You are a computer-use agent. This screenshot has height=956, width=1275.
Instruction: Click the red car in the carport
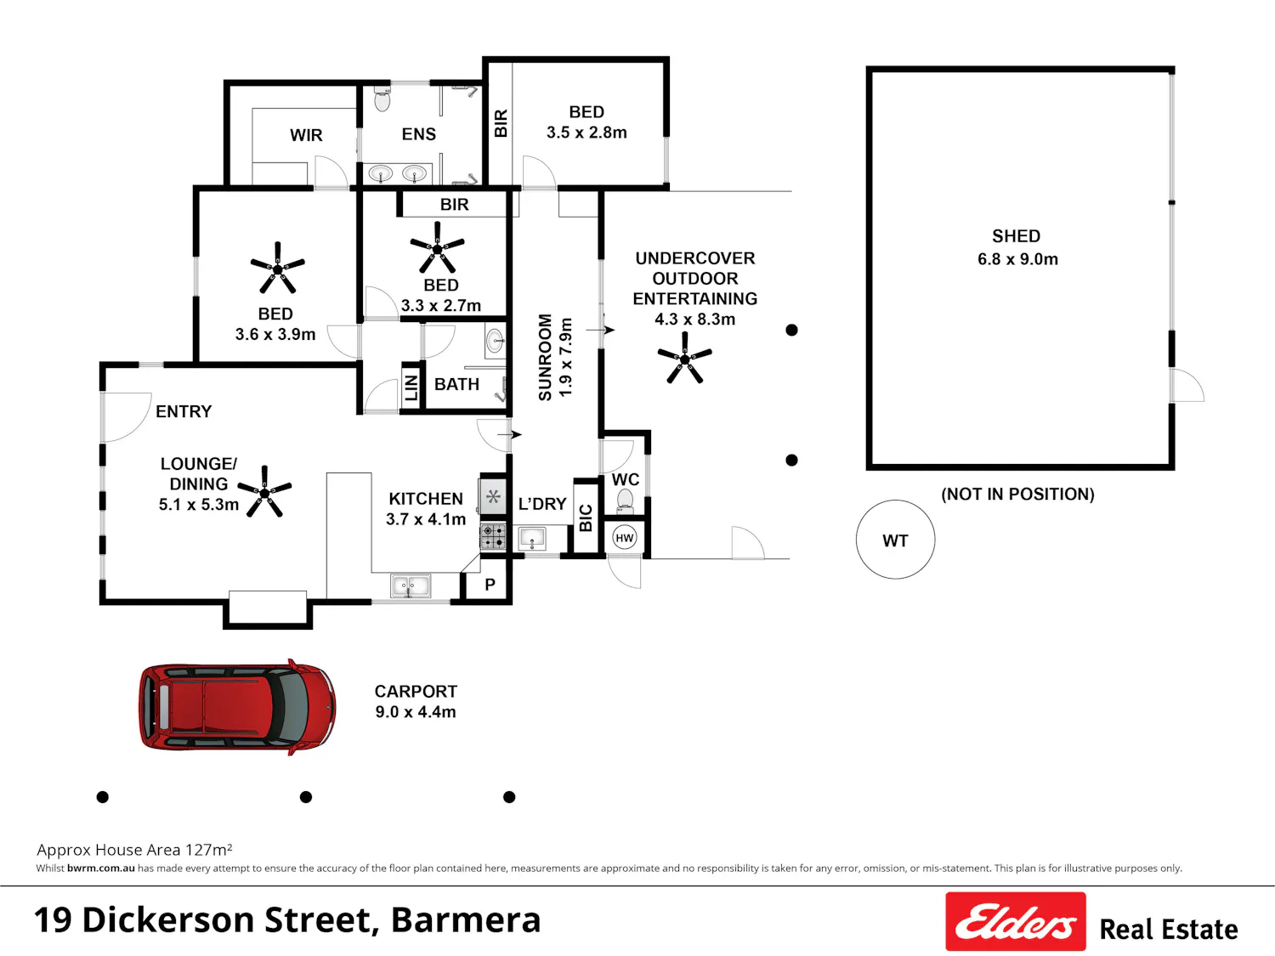point(237,707)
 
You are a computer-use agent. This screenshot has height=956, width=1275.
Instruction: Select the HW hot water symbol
point(625,538)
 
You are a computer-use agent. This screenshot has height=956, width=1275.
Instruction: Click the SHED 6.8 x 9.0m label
point(1017,247)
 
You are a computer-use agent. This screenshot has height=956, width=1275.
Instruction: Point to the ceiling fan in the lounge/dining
point(264,491)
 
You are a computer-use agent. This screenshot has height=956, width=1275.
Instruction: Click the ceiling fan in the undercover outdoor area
point(685,358)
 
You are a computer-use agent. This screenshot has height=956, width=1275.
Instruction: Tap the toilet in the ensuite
point(382,99)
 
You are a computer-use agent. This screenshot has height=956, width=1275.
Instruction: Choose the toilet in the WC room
point(625,501)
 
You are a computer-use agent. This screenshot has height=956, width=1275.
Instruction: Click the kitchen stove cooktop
point(492,535)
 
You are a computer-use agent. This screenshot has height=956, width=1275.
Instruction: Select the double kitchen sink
point(410,585)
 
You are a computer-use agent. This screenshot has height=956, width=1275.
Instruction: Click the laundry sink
point(532,538)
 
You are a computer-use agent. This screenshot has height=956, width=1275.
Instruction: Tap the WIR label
point(306,135)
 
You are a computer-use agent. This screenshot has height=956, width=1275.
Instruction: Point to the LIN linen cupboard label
point(411,387)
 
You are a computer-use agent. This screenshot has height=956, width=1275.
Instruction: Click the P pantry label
point(490,585)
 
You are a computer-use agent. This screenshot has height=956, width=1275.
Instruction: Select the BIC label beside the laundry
point(586,518)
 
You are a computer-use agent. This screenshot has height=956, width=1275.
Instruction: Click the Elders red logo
point(1016,921)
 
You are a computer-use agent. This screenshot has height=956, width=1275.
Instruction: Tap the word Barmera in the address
point(466,920)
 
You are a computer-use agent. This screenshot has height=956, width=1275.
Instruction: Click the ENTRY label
point(184,411)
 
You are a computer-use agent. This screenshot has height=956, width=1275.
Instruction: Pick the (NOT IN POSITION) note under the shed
point(1017,494)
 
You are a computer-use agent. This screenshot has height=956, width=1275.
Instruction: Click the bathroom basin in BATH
point(495,341)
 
